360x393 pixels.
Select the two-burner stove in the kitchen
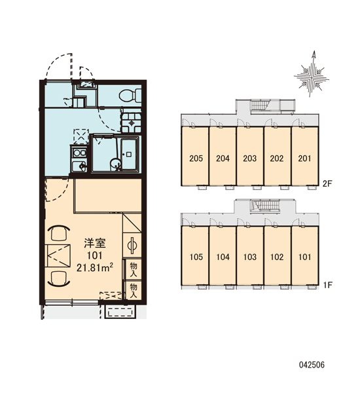[x=79, y=153]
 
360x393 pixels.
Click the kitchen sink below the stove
[x=79, y=166]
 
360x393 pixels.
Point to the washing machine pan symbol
[x=132, y=123]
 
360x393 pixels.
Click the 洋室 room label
[x=95, y=244]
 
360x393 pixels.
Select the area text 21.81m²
[x=95, y=268]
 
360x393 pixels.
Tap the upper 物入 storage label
[x=134, y=269]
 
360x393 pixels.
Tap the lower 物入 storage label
[x=134, y=291]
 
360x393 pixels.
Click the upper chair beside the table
[x=59, y=233]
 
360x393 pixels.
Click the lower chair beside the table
[x=59, y=279]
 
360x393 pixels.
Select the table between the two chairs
[x=59, y=256]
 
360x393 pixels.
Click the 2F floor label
[x=327, y=183]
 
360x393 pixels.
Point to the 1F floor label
[x=327, y=285]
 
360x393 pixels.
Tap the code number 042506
[x=312, y=365]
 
